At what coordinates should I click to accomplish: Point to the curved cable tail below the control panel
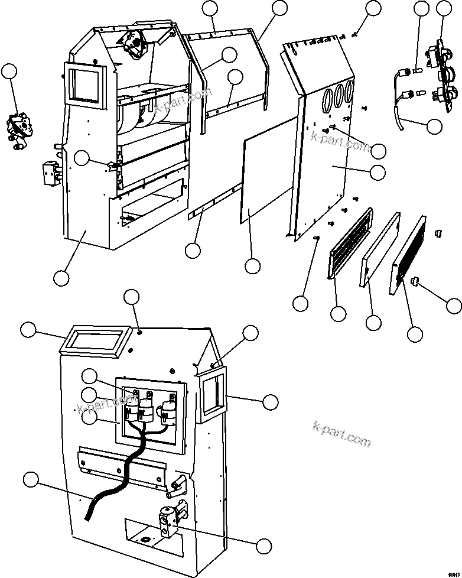pos(398,115)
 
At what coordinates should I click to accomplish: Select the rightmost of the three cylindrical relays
pos(168,410)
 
